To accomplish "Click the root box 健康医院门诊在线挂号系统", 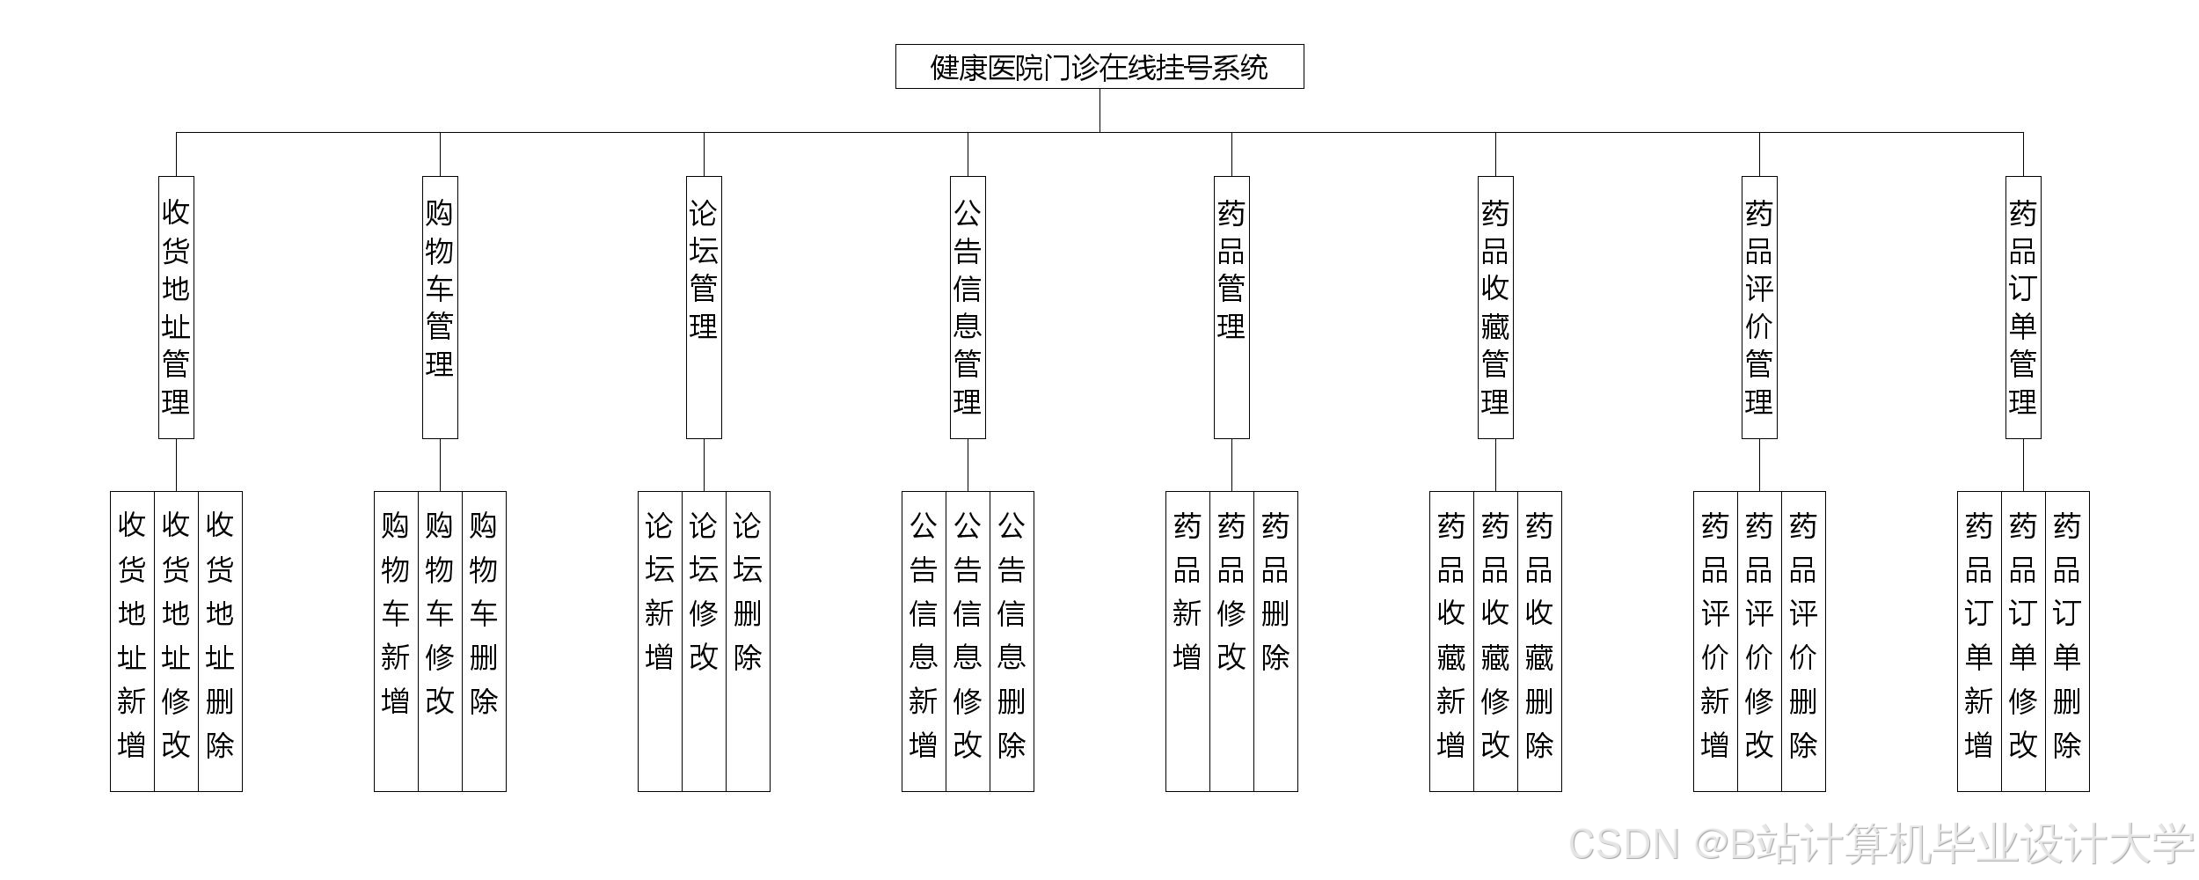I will click(1099, 67).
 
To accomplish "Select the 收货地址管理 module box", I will click(176, 307).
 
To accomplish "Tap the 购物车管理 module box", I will click(440, 307).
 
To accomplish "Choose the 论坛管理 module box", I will click(704, 307).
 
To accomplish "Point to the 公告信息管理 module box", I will click(968, 307).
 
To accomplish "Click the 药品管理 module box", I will click(1231, 307).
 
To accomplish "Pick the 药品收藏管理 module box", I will click(1495, 307).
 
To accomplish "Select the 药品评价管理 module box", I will click(1759, 307).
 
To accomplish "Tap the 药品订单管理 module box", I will click(2023, 307).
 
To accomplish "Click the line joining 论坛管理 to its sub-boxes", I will click(704, 465).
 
